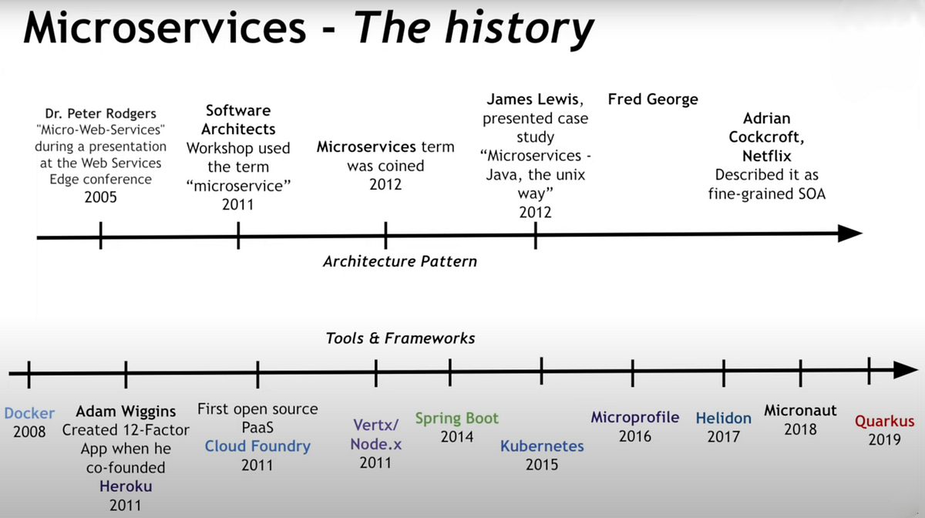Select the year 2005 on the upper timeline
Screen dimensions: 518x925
pos(101,197)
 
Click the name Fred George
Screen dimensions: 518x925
pos(652,99)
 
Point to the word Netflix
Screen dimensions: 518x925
pos(767,156)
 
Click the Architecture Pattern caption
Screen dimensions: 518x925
pos(399,261)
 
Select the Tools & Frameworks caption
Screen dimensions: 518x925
pos(400,338)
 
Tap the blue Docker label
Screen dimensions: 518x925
pos(29,413)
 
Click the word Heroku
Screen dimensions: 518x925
pos(126,486)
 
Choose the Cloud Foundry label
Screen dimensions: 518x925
pos(257,446)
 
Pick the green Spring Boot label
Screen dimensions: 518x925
pos(456,419)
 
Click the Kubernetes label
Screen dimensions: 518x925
pos(542,446)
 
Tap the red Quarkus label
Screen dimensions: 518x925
pos(884,422)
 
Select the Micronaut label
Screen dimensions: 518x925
pos(800,411)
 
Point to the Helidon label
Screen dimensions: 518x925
pos(723,419)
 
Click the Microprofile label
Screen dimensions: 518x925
pos(634,417)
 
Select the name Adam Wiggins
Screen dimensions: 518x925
pos(126,411)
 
